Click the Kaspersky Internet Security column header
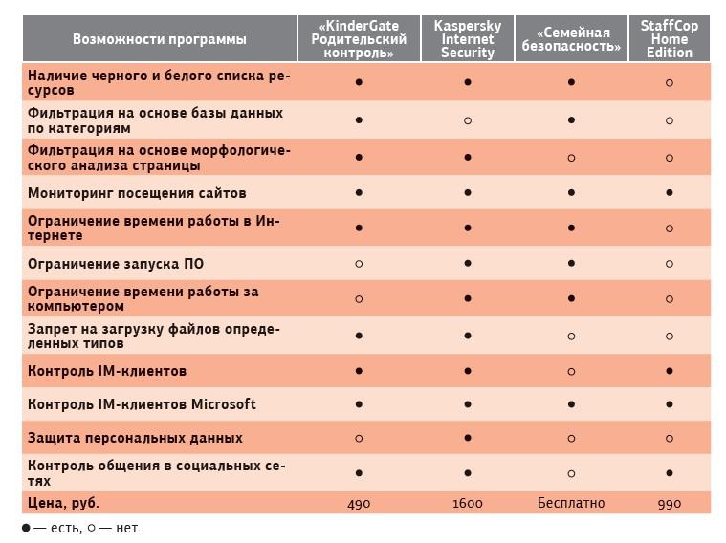coord(468,39)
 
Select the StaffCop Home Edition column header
coord(669,39)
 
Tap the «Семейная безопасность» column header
coord(571,39)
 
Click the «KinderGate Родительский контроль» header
coord(359,39)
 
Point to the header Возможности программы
coord(159,39)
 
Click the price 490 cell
coord(359,503)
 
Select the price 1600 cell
coord(468,503)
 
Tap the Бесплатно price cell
coord(571,503)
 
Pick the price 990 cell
coord(669,503)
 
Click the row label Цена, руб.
coord(64,503)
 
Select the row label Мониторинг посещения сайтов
coord(137,193)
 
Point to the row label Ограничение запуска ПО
coord(116,264)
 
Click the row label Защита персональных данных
coord(135,438)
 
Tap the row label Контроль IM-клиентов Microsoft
coord(142,404)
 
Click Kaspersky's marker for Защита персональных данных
coord(468,438)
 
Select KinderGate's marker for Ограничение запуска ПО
coord(359,264)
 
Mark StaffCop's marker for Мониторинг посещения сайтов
coord(669,193)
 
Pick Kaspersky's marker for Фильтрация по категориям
coord(468,120)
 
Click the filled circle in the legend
coord(26,528)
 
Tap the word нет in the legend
coord(127,528)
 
